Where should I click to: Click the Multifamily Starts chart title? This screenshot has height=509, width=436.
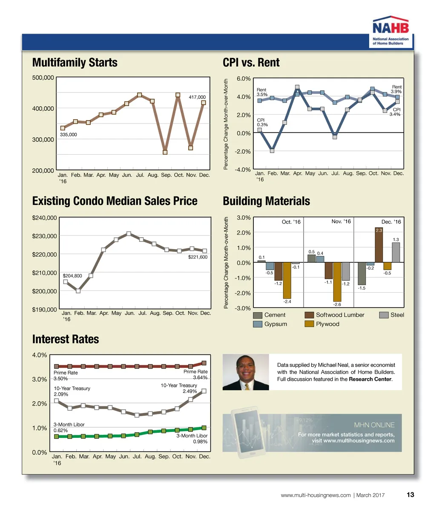(x=75, y=63)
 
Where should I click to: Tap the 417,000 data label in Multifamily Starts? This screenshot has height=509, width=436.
(x=197, y=98)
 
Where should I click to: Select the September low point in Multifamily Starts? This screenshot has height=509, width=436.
(x=165, y=152)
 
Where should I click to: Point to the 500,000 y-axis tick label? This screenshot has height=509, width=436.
(x=43, y=78)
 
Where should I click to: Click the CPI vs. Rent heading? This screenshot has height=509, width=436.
(x=251, y=63)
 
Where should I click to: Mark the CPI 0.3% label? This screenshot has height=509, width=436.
(x=262, y=123)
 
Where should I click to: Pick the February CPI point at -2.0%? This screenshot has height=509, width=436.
(x=272, y=150)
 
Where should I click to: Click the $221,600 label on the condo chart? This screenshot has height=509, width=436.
(x=198, y=257)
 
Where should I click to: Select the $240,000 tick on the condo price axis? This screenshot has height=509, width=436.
(x=45, y=218)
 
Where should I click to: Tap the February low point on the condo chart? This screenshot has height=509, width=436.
(x=78, y=291)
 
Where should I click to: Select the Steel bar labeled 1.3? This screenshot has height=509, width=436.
(x=396, y=252)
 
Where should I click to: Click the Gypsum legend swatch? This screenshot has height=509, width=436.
(x=257, y=324)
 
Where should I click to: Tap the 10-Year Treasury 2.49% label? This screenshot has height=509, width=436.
(x=179, y=388)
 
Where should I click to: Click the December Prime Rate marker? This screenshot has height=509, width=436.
(x=204, y=363)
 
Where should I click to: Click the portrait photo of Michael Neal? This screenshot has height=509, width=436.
(x=246, y=372)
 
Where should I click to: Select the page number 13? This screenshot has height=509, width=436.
(x=410, y=495)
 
